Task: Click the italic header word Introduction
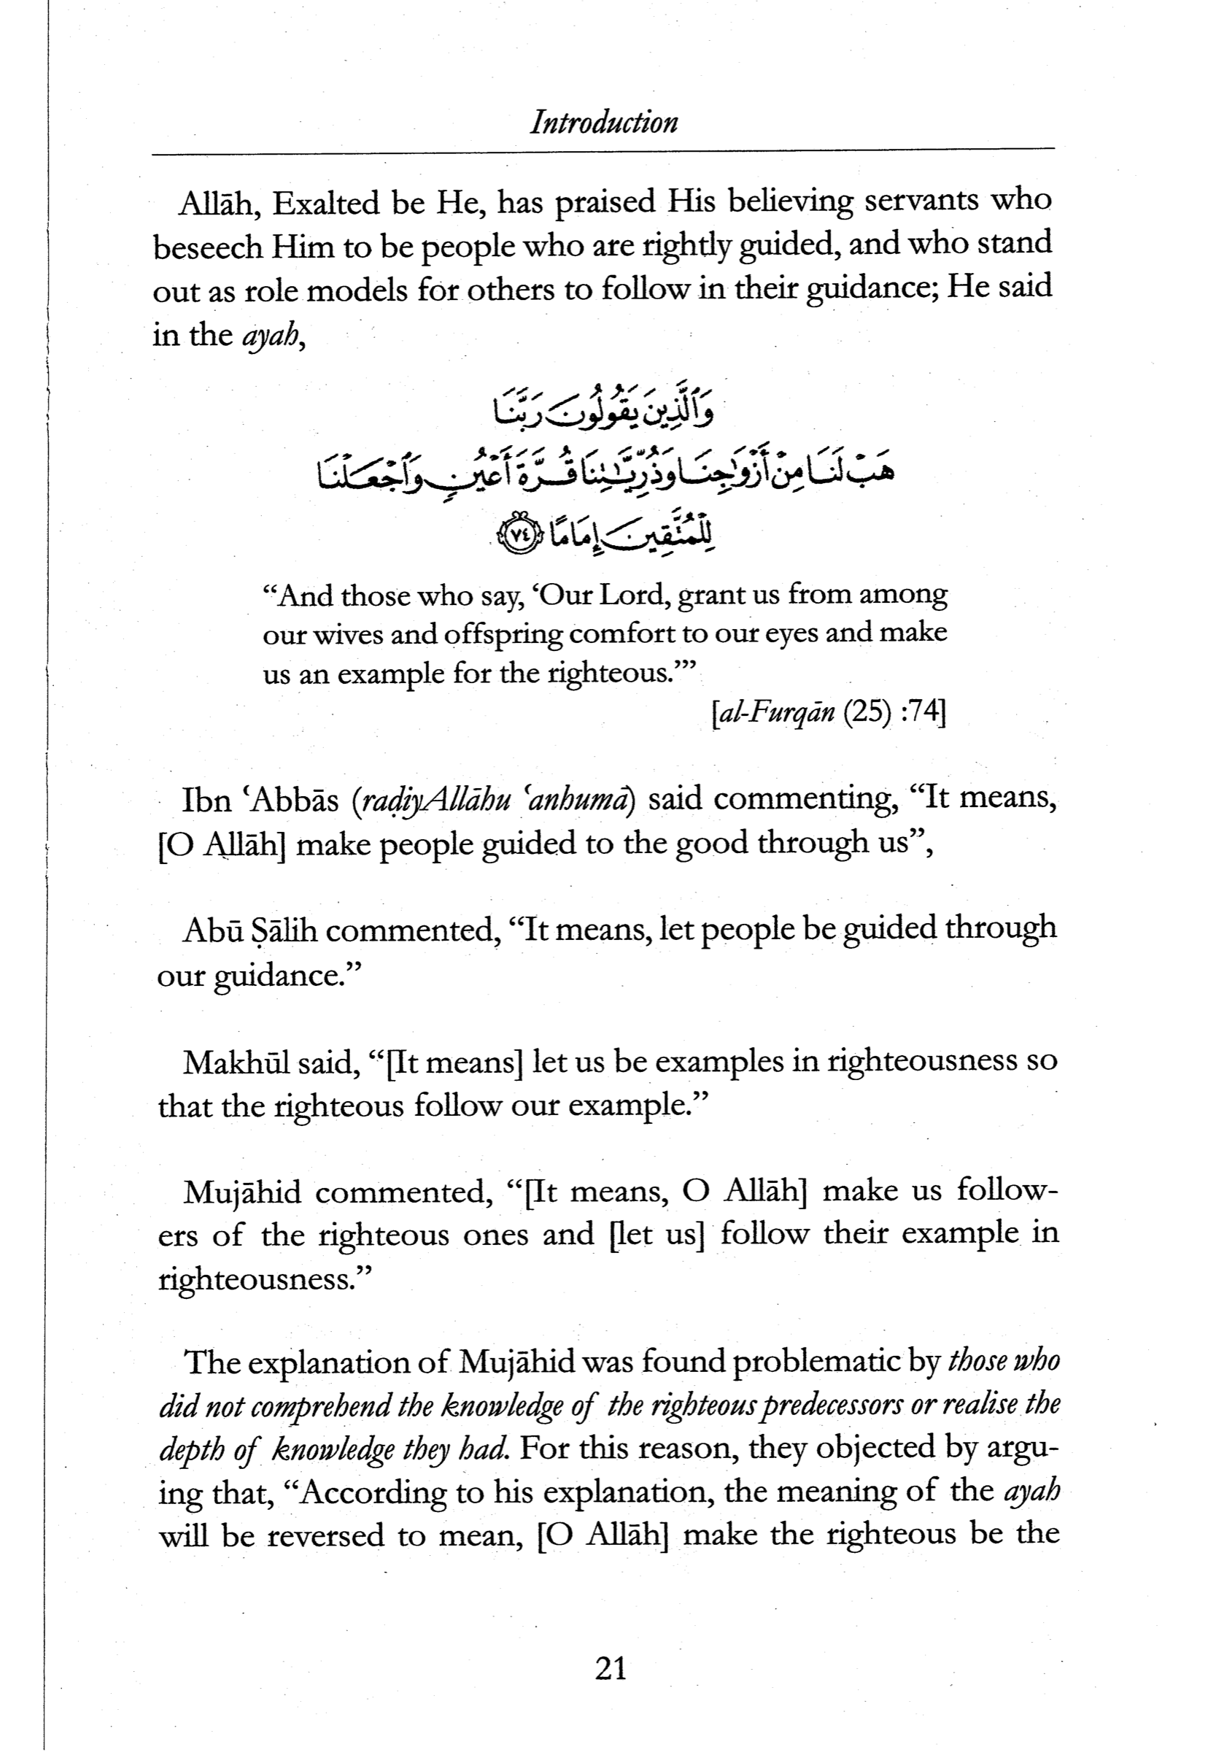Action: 603,123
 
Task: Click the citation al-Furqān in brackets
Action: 775,714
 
